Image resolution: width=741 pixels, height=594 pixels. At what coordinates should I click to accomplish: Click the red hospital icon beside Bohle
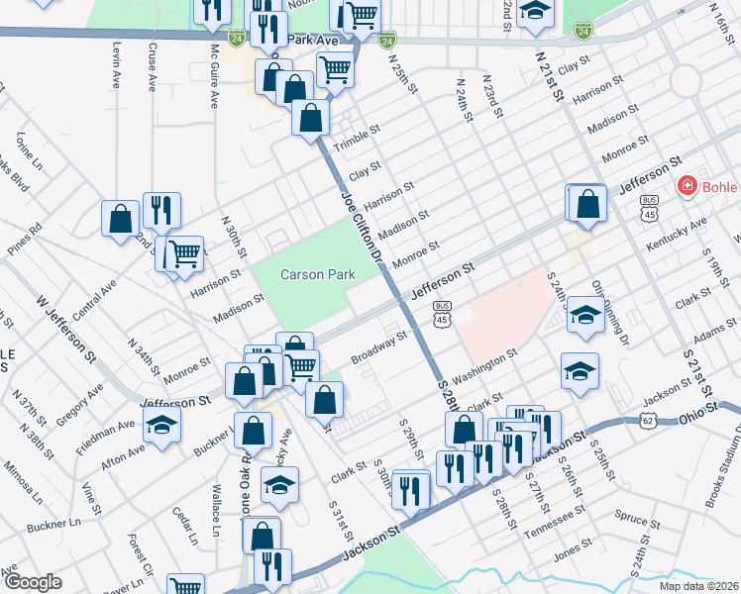[685, 186]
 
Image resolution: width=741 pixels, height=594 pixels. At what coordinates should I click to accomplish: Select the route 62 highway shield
[648, 421]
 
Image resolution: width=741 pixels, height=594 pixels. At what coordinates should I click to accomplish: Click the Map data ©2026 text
[698, 584]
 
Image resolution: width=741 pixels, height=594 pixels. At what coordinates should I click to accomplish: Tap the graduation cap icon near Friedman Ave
[160, 426]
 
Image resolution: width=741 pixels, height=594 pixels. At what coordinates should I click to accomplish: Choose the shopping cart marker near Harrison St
[184, 254]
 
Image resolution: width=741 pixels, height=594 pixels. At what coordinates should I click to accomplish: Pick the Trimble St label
[357, 138]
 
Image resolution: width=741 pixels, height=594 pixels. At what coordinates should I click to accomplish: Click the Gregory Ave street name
[79, 405]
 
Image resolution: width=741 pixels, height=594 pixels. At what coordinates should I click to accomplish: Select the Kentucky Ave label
[683, 233]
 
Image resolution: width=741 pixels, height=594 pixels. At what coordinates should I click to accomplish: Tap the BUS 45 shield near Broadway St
[442, 312]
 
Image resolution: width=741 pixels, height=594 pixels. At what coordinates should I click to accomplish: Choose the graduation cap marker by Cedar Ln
[279, 485]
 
